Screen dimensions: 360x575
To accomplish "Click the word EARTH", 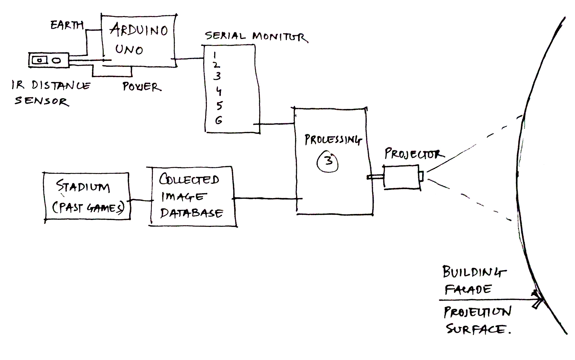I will coord(67,25).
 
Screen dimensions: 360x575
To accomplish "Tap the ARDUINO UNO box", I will coord(139,40).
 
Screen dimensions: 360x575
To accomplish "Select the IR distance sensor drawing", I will coord(49,60).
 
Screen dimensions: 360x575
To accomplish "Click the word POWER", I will coord(142,87).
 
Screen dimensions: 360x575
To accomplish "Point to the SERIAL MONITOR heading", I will coord(256,36).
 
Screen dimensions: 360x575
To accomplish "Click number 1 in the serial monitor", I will coord(215,55).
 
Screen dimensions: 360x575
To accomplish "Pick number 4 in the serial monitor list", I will coord(218,91).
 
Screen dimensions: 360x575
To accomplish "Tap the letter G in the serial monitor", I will coord(218,121).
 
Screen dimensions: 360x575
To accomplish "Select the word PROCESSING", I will coord(333,140).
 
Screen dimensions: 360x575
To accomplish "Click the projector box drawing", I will coord(402,177).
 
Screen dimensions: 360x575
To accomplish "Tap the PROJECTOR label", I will coord(413,154).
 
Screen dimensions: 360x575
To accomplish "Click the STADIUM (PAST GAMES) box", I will coord(87,196).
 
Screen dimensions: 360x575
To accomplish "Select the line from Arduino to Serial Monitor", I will coord(190,59).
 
